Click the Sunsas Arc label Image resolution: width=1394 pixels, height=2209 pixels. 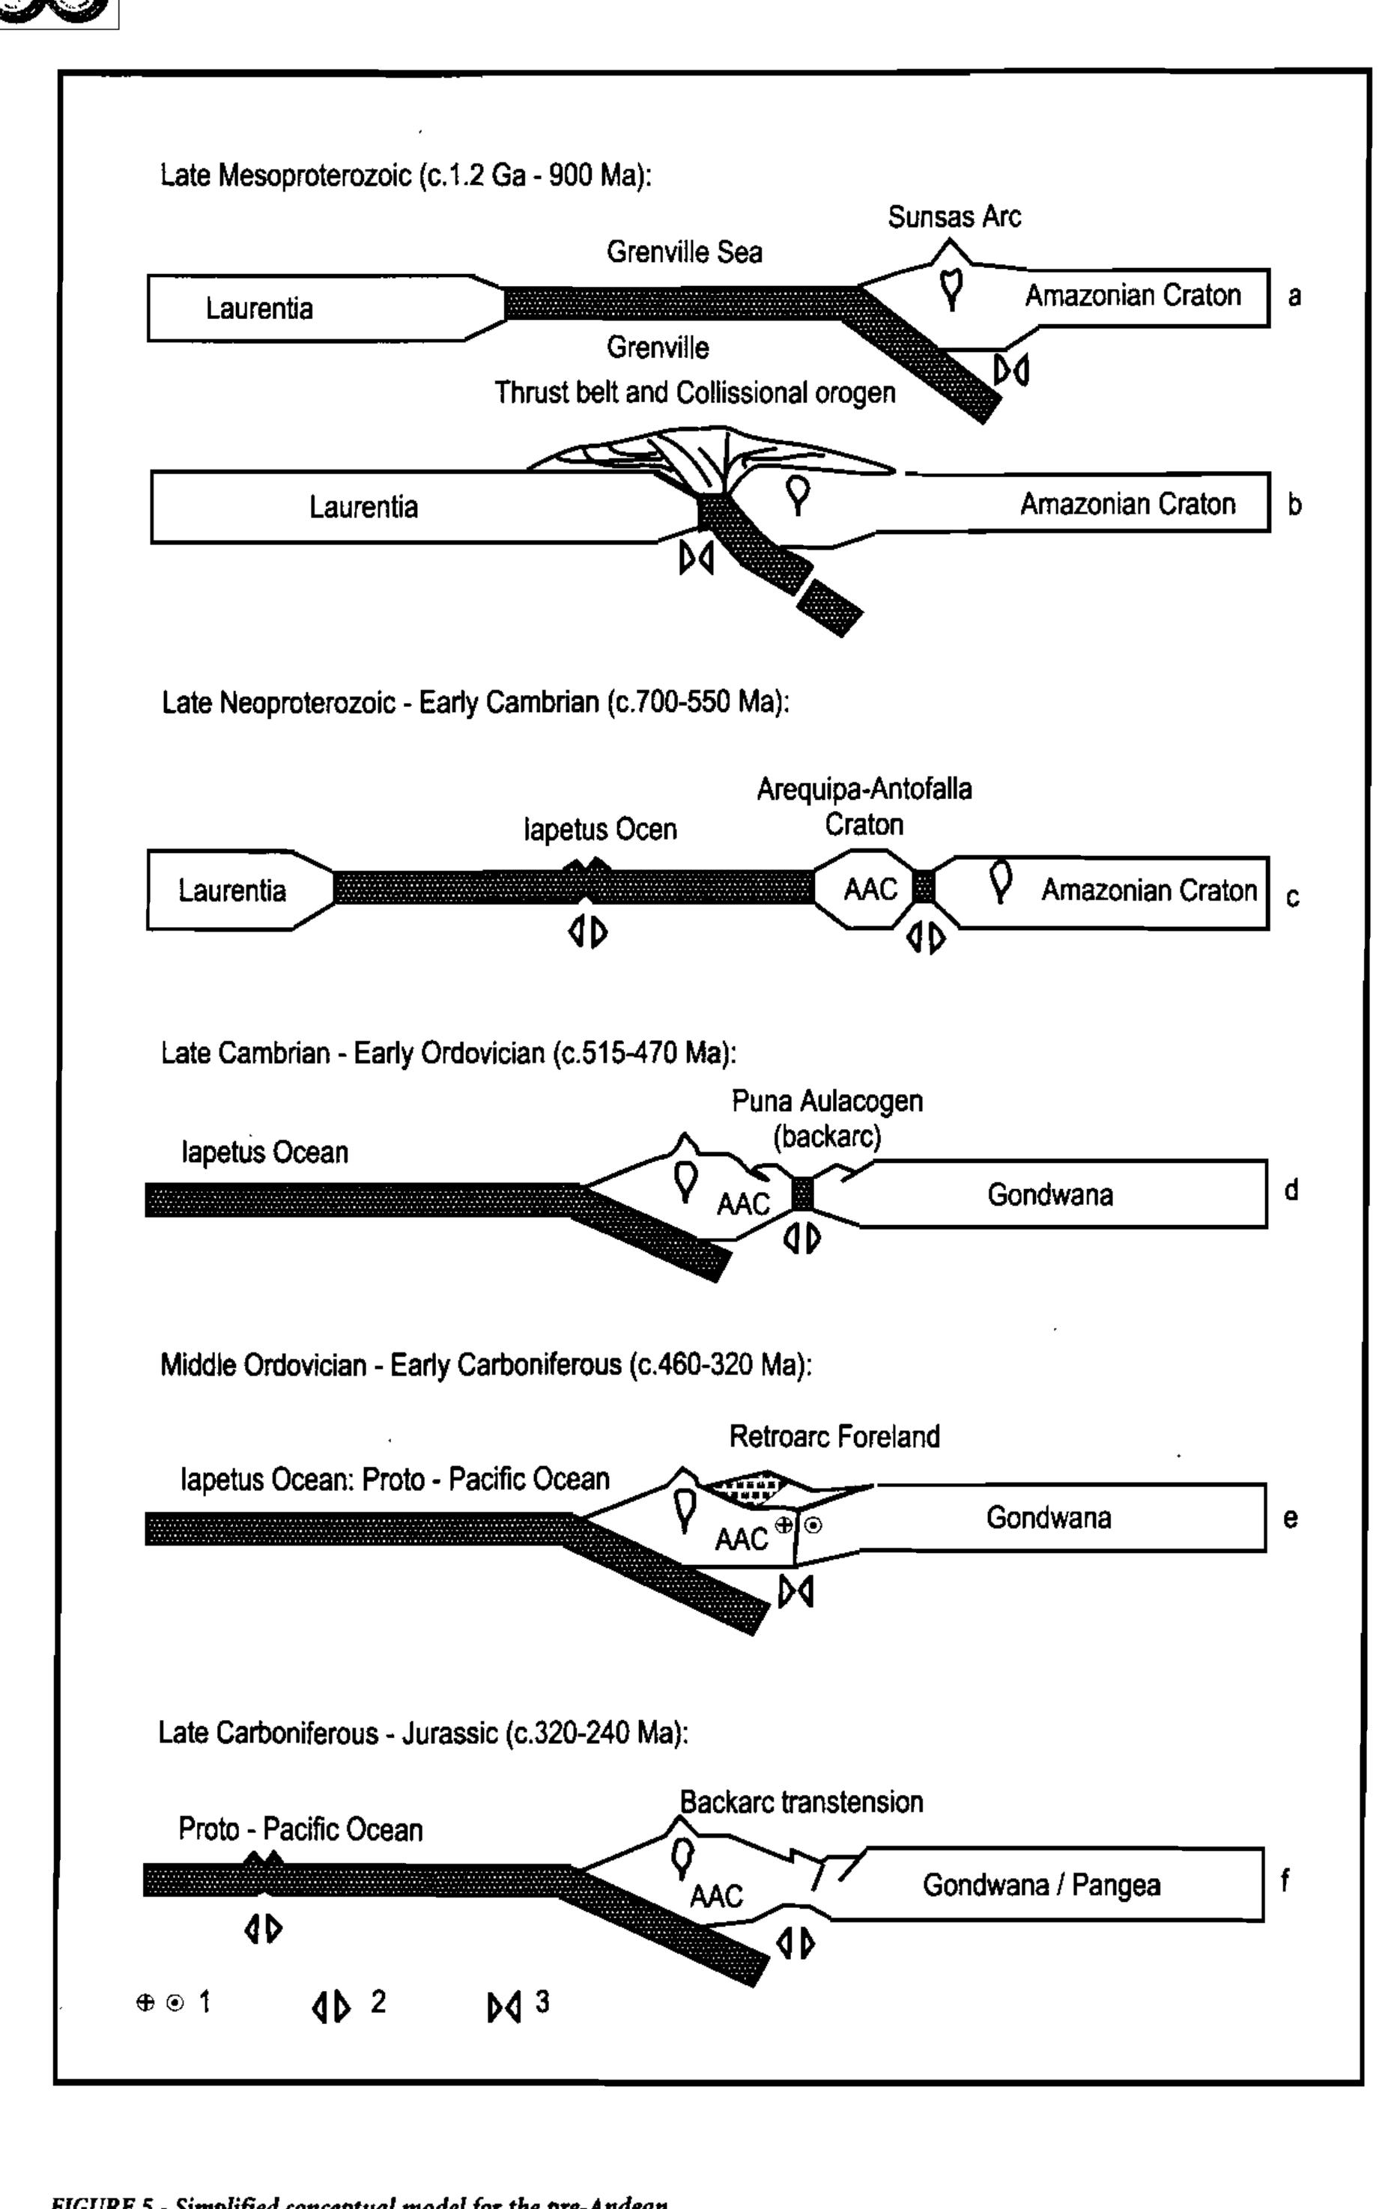coord(954,217)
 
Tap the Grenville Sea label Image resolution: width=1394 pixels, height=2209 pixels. coord(684,252)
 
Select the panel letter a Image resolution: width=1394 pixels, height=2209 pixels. coord(1294,297)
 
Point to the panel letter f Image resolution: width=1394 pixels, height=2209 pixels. coord(1285,1880)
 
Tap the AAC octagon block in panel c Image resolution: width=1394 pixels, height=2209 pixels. coord(868,888)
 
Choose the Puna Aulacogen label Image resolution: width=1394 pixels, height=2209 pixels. coord(826,1101)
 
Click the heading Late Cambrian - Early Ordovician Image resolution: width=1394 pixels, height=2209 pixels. coord(447,1053)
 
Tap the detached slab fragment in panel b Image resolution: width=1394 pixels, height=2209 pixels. coord(828,608)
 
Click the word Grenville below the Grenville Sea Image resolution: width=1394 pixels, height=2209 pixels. coord(657,347)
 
